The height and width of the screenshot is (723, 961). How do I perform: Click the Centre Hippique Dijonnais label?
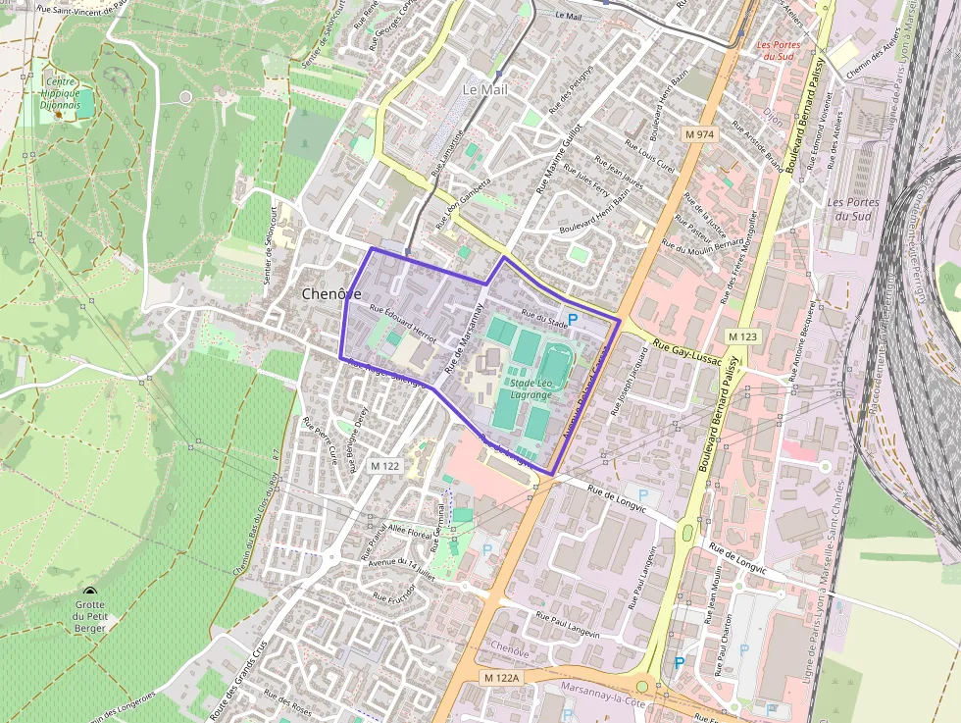tap(60, 91)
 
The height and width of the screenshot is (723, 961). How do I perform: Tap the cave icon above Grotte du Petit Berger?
tap(90, 592)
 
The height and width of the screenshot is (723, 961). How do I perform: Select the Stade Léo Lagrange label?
tap(531, 387)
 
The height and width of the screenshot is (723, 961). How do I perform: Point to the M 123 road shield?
tap(743, 336)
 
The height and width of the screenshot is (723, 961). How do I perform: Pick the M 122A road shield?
tap(503, 678)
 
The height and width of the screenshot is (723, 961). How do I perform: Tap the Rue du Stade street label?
tap(544, 317)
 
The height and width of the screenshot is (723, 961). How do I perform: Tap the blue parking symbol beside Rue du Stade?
tap(574, 320)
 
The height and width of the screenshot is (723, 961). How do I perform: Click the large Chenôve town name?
tap(331, 293)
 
